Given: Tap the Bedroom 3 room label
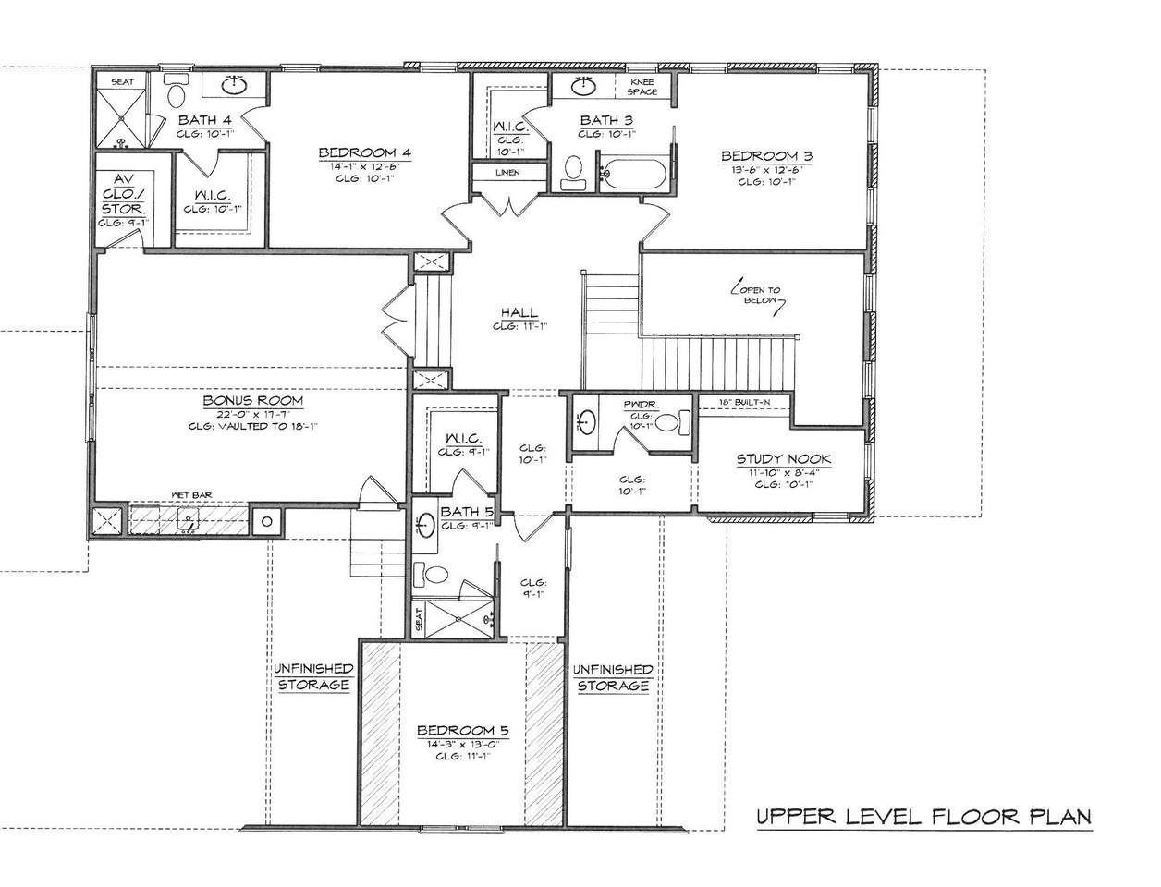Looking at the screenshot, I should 766,156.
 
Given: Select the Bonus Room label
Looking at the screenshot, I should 252,402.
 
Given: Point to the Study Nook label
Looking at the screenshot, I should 783,459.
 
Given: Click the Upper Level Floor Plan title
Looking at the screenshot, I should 923,817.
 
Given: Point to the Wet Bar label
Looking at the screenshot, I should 191,496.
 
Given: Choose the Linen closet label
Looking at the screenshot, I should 507,173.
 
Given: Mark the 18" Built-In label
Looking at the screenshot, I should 744,402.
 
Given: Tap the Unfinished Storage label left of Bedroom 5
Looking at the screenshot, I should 312,677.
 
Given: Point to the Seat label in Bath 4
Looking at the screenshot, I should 122,82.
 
